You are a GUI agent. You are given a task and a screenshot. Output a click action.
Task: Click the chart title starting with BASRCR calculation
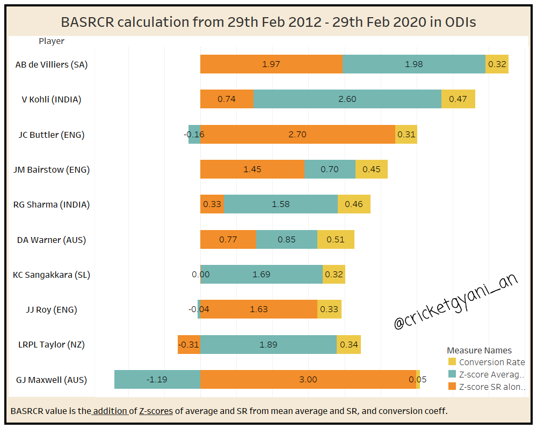click(x=268, y=22)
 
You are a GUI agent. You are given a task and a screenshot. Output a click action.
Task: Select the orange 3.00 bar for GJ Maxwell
click(x=308, y=380)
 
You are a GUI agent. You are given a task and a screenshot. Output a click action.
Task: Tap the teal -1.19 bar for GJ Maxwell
click(x=157, y=380)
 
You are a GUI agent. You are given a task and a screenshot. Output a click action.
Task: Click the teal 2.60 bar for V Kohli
click(x=347, y=99)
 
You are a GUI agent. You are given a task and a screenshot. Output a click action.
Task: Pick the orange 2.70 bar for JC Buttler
click(x=297, y=135)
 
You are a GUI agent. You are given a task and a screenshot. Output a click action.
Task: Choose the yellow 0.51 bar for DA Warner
click(x=336, y=240)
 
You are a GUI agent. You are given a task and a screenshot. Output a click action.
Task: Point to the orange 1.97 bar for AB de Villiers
click(x=271, y=64)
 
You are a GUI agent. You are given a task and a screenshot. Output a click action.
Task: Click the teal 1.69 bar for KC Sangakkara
click(x=262, y=275)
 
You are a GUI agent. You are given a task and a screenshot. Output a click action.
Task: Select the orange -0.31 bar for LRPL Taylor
click(x=189, y=345)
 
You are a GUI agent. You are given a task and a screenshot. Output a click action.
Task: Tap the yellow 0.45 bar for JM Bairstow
click(x=371, y=169)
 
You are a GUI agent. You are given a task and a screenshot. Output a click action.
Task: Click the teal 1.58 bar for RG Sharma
click(x=281, y=204)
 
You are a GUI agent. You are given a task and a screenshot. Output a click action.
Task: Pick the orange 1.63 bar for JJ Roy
click(x=259, y=309)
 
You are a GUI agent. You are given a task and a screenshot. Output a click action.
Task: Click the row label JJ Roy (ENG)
click(x=52, y=309)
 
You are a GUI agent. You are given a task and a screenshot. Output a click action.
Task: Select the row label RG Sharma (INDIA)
click(x=52, y=204)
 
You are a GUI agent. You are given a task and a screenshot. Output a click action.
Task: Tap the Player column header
click(x=52, y=41)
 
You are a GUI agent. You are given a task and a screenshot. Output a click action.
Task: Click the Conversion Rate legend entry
click(x=491, y=363)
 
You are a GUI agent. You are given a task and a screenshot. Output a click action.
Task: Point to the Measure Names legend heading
click(x=479, y=351)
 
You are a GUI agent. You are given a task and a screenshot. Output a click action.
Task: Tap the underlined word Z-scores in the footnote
click(x=156, y=411)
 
